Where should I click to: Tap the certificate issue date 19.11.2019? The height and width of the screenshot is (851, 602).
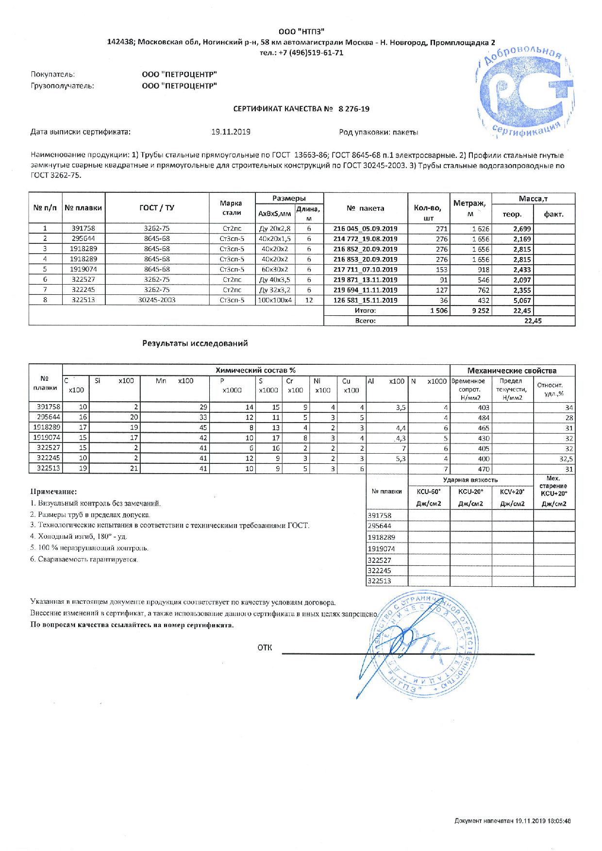[231, 132]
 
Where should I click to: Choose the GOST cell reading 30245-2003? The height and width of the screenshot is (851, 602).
[157, 300]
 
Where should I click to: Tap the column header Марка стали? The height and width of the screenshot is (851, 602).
[231, 208]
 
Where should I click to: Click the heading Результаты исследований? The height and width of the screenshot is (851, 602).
[195, 343]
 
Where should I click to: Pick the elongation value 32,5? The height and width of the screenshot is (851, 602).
[566, 459]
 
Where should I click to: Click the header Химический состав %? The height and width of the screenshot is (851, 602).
[256, 370]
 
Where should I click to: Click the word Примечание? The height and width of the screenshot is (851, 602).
[54, 492]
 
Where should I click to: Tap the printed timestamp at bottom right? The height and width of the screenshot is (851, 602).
[512, 807]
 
